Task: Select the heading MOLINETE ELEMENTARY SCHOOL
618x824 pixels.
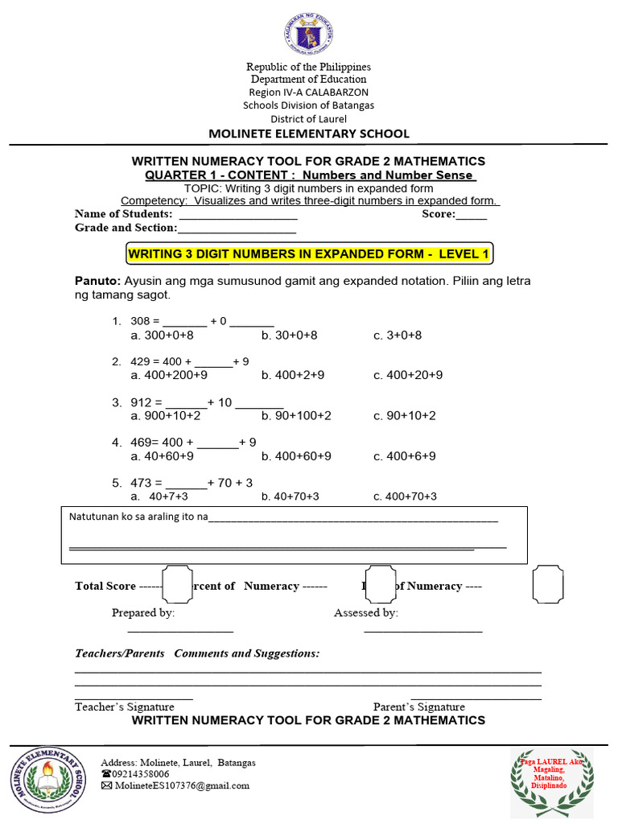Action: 309,134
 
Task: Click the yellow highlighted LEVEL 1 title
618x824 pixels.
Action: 309,254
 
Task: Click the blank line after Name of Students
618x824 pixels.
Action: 238,215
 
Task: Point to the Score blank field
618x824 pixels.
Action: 472,215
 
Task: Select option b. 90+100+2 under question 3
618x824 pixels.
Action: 296,415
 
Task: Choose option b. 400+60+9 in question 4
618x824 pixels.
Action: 296,455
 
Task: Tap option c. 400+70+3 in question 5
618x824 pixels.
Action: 406,496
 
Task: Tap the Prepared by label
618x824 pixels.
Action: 143,612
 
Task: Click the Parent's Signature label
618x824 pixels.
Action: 418,707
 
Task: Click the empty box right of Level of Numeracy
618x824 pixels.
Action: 548,583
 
